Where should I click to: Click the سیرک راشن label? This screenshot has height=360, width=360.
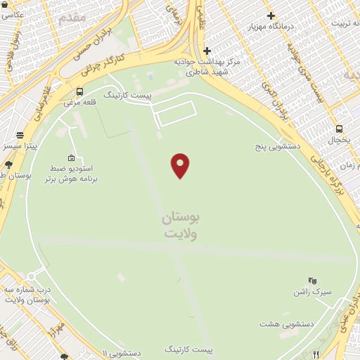312,291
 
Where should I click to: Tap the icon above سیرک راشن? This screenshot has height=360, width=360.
312,280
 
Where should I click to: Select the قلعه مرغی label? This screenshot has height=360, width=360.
79,103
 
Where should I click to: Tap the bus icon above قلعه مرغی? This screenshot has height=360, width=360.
79,91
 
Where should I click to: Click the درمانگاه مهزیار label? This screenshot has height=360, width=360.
270,26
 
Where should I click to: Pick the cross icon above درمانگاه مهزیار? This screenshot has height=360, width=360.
271,15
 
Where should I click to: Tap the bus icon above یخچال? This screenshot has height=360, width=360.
340,129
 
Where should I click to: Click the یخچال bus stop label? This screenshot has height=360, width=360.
340,140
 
